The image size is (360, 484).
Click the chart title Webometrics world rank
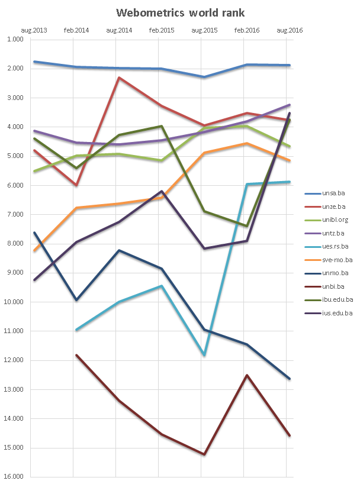pos(180,12)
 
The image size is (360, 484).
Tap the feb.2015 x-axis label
pos(161,30)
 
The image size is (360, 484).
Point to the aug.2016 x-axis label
pos(289,30)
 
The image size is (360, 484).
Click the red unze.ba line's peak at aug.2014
pos(119,78)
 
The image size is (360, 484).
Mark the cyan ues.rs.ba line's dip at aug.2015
pos(204,355)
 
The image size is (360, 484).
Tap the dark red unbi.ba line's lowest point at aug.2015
pos(204,454)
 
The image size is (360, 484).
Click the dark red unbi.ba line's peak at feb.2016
pos(247,375)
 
